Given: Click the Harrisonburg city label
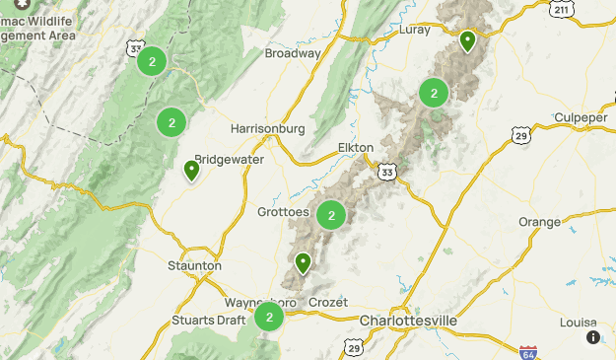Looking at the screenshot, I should [267, 128].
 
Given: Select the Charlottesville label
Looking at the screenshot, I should [408, 321].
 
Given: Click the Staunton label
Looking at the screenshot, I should [195, 265].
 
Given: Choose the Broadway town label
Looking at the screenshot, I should [293, 53].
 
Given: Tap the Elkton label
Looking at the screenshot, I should [356, 147].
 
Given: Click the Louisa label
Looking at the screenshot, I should [578, 322].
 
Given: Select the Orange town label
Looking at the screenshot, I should [539, 221].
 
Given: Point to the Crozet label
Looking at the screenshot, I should [327, 302].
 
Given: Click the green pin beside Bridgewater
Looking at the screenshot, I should [192, 171].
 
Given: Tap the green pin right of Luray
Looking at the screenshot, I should [467, 40].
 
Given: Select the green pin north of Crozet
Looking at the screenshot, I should [303, 262].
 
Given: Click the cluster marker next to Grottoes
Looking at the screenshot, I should [332, 215].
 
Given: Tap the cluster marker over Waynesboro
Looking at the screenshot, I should [269, 318].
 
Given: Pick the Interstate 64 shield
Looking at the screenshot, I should [528, 351].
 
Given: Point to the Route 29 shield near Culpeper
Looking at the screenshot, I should [520, 135].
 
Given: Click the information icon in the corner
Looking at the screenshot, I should [593, 337].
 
